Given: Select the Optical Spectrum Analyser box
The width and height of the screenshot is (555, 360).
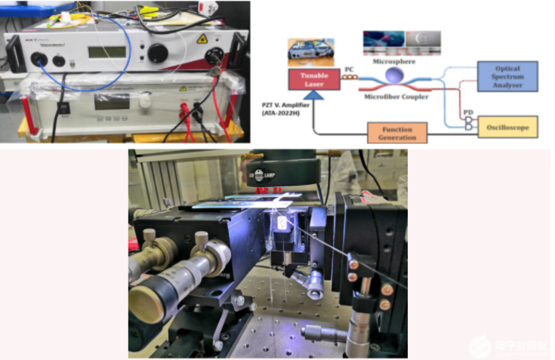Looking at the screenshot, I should coord(507,76).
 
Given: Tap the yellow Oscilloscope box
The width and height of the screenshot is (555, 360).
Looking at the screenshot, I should coord(507,126).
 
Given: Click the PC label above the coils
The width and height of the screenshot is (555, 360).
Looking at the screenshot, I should coord(350,69).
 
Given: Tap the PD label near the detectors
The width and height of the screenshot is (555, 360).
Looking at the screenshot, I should coord(469,113).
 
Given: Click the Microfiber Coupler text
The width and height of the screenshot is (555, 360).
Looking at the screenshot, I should coord(396,96).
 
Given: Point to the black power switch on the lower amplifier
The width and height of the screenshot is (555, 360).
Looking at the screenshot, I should coord(64,107).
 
